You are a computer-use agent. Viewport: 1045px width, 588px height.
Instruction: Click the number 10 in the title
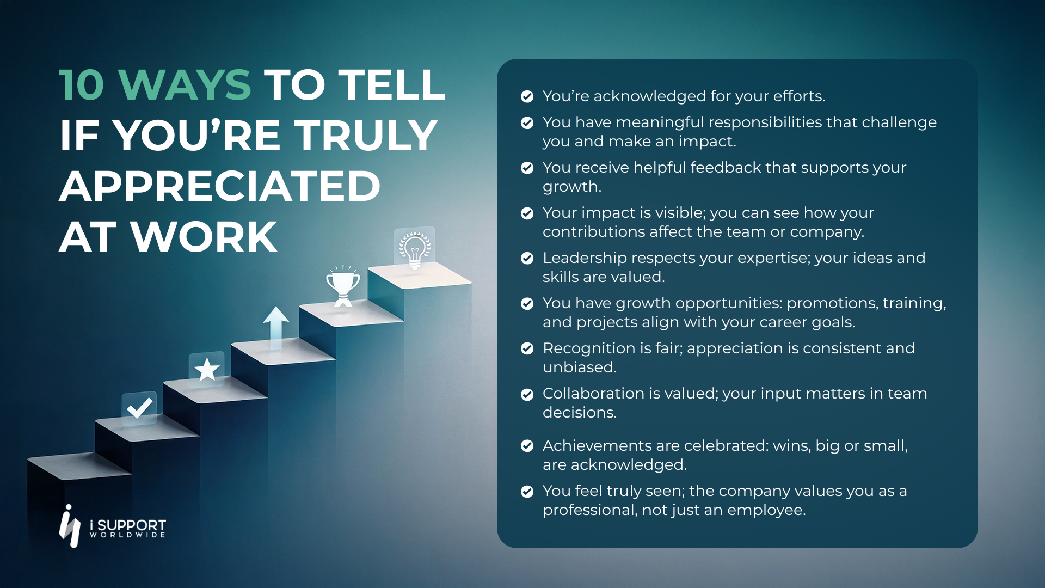pyautogui.click(x=81, y=85)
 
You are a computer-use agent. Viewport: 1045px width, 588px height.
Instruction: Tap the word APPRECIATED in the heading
pyautogui.click(x=219, y=186)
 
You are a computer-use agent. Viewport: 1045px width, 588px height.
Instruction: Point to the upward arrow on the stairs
pyautogui.click(x=276, y=327)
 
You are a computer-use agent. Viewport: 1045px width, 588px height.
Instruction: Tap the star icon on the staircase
pyautogui.click(x=207, y=370)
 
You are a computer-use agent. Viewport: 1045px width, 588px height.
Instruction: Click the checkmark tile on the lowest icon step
pyautogui.click(x=139, y=408)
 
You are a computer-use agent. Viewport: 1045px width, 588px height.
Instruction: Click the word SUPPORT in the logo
pyautogui.click(x=131, y=525)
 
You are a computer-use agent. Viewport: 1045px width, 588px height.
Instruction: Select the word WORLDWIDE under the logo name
pyautogui.click(x=127, y=535)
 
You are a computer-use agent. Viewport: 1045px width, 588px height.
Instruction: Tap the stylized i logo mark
pyautogui.click(x=70, y=526)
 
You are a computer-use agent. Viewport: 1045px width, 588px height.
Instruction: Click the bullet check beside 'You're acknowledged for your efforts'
pyautogui.click(x=527, y=96)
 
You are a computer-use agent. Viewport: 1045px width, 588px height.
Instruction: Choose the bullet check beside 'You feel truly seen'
pyautogui.click(x=527, y=492)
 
